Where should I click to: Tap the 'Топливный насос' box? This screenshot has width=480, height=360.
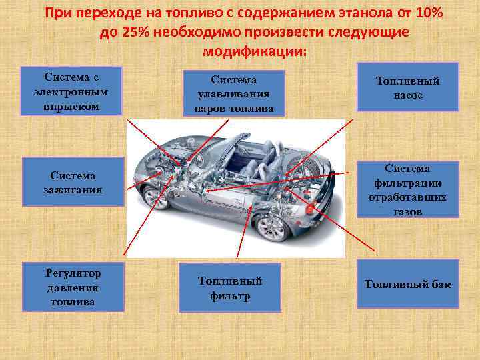407,87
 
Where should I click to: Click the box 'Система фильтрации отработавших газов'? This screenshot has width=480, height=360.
407,189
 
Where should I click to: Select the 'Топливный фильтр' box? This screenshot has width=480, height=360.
230,287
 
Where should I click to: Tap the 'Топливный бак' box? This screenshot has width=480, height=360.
407,285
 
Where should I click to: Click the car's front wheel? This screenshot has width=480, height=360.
155,197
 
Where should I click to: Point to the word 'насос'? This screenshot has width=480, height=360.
407,95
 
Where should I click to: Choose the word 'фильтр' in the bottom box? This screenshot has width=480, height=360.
230,295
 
